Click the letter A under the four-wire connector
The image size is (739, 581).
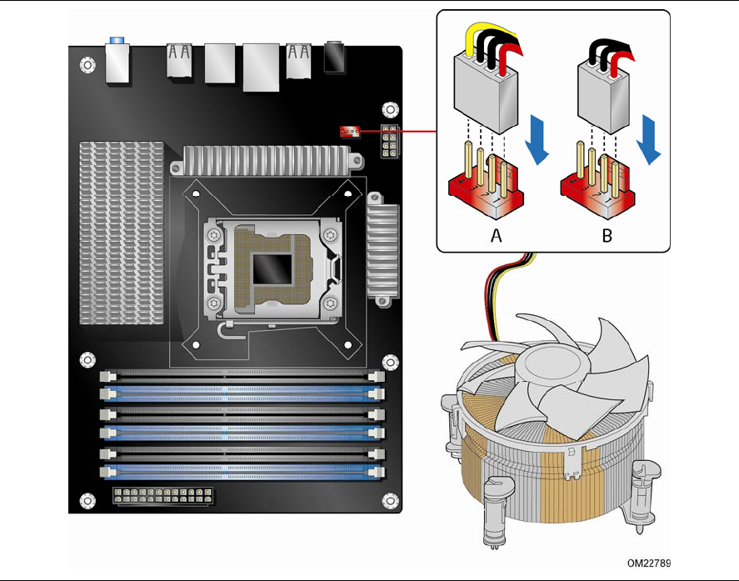(x=496, y=235)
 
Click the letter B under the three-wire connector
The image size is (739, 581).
(x=607, y=235)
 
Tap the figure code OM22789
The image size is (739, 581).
(x=648, y=563)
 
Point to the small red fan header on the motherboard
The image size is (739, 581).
(x=350, y=132)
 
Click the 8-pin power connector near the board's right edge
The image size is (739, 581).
(x=389, y=142)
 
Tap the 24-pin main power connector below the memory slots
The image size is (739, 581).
(x=162, y=497)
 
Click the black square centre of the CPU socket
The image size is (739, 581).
(x=272, y=269)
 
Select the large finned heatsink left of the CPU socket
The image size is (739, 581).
(x=122, y=233)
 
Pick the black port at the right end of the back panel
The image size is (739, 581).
(x=334, y=58)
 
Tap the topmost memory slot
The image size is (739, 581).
(x=242, y=376)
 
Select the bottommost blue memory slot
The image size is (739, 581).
(x=242, y=472)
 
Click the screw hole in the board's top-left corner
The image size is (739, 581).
(x=87, y=64)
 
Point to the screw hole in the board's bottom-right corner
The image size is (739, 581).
(x=390, y=501)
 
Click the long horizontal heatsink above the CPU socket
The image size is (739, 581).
(x=267, y=160)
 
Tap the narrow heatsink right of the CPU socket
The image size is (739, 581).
(x=382, y=249)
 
